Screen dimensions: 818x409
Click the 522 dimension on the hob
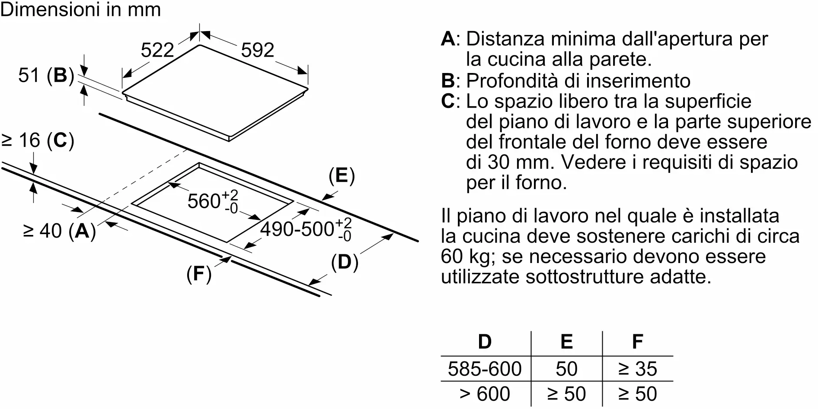157,50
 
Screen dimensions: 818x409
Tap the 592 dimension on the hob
258,50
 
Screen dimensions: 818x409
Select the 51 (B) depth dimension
46,76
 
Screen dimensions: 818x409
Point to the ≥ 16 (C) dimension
38,140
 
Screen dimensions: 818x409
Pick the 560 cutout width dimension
213,201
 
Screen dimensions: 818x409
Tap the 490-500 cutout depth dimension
306,229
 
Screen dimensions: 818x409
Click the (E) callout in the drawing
342,176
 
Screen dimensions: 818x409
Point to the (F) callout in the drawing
199,273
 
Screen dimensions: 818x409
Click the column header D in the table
485,342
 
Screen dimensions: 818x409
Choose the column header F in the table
638,342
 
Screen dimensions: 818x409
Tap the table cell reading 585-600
485,369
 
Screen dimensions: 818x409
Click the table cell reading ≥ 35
638,369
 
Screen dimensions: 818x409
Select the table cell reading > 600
485,394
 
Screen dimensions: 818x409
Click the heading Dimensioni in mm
81,10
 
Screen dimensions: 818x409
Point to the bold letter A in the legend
448,39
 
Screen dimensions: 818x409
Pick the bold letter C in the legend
448,101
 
